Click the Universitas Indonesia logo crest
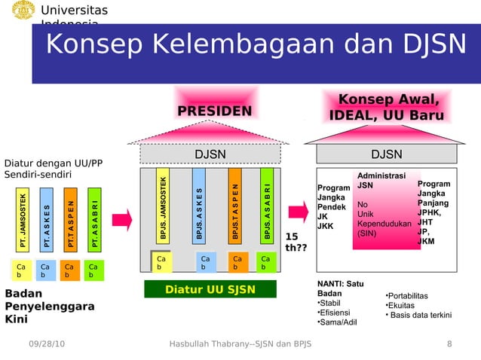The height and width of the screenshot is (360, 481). click(21, 11)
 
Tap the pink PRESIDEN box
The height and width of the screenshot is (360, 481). click(214, 111)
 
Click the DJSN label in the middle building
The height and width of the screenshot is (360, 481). click(210, 154)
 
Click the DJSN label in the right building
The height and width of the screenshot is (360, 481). click(387, 154)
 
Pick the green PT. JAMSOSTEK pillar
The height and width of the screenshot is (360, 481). click(24, 219)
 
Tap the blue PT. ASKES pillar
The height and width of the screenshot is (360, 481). click(47, 219)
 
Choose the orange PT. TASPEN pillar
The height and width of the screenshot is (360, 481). click(71, 219)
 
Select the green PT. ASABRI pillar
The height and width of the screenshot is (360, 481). click(94, 219)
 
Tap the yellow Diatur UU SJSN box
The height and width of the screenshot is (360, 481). click(210, 289)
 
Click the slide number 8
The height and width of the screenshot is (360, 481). click(449, 345)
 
